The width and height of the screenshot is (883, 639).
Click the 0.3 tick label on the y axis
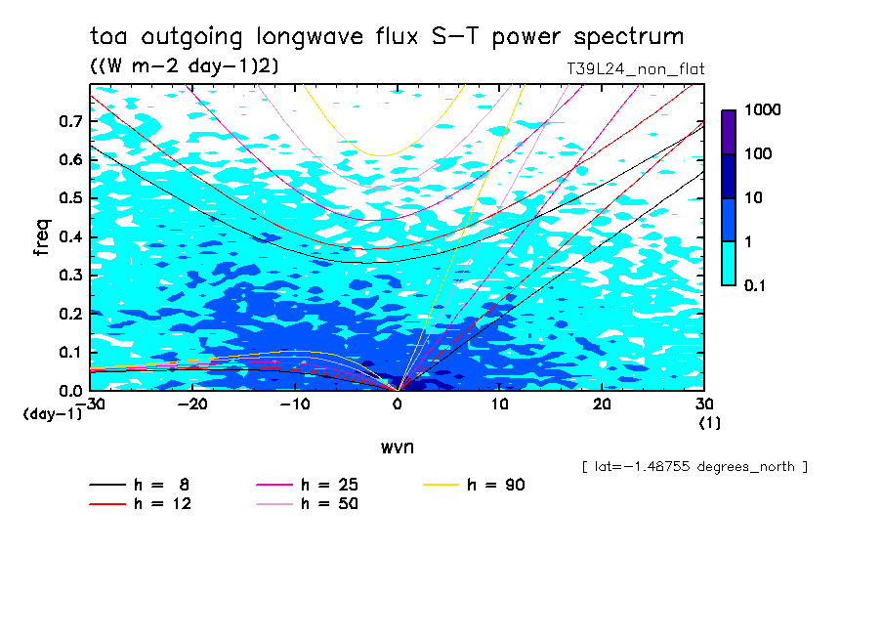pos(68,276)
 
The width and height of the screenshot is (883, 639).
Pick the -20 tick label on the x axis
pos(193,404)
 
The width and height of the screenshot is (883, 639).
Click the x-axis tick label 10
pos(500,404)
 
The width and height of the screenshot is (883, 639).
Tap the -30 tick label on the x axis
pos(90,404)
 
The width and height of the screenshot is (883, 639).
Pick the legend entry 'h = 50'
pos(330,504)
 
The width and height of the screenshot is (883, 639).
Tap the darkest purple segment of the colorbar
pos(729,132)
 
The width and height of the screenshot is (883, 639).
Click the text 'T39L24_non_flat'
pos(635,69)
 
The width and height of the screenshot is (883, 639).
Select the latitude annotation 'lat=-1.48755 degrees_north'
pos(694,466)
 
